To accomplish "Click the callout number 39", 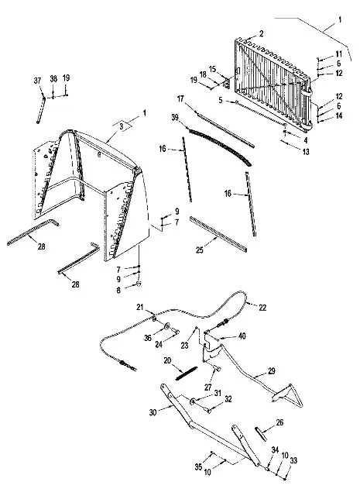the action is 175,118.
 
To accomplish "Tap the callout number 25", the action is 200,250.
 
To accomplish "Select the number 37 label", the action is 38,81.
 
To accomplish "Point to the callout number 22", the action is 262,308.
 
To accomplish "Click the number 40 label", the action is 242,336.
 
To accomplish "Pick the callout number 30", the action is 153,412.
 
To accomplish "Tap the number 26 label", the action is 279,422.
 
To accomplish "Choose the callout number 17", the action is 181,99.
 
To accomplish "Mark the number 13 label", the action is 306,152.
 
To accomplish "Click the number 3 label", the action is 122,126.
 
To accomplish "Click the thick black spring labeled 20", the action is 187,373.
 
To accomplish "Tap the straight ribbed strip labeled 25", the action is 218,234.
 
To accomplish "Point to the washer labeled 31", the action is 192,401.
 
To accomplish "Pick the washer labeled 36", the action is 166,326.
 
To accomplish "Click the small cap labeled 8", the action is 139,284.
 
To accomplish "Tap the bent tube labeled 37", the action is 41,110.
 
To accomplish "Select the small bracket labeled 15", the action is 227,83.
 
